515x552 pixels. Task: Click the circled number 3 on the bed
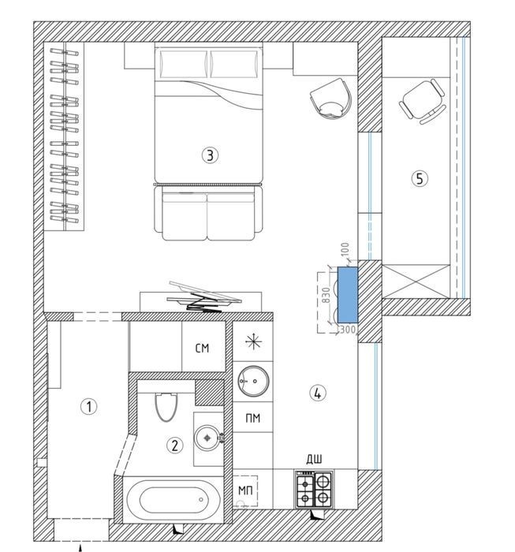(x=210, y=155)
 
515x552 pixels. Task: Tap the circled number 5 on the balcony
(x=420, y=179)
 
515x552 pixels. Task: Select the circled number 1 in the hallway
(x=88, y=407)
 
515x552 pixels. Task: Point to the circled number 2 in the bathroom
(x=174, y=446)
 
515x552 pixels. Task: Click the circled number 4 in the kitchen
(x=318, y=393)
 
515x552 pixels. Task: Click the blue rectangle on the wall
(x=348, y=295)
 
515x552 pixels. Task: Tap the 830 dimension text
(x=326, y=295)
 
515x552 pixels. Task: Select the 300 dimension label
(x=348, y=330)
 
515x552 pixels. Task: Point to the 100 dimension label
(x=345, y=249)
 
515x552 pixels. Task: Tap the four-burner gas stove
(x=314, y=490)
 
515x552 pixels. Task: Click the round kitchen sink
(x=253, y=381)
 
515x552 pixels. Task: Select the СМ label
(x=202, y=349)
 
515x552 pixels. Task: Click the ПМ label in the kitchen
(x=252, y=418)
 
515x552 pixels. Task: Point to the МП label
(x=245, y=490)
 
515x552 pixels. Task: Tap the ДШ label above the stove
(x=314, y=460)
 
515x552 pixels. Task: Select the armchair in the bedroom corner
(x=331, y=99)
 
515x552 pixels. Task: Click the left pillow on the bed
(x=184, y=64)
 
